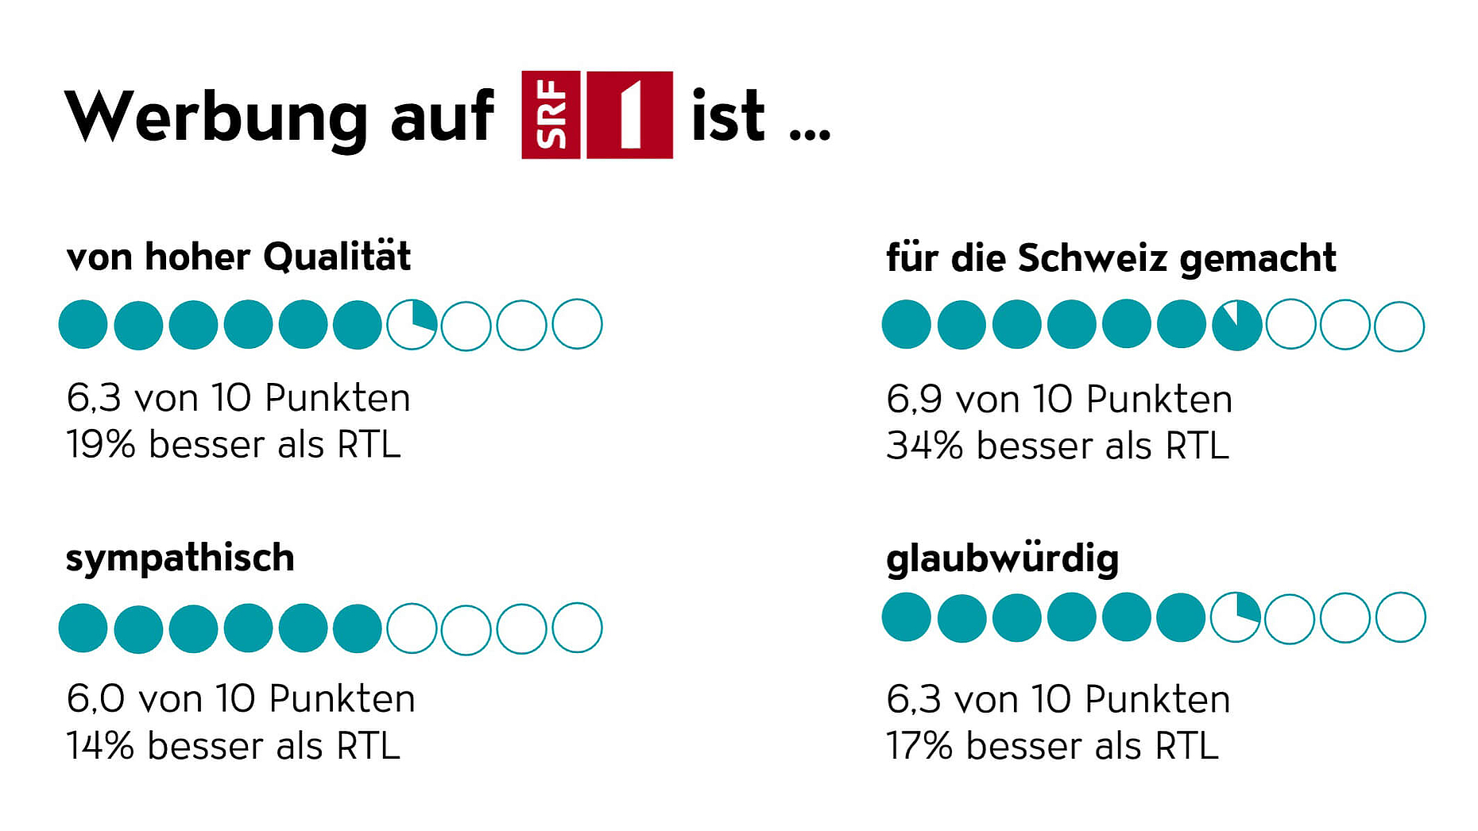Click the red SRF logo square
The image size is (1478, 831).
coord(551,115)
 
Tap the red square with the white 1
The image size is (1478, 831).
coord(629,115)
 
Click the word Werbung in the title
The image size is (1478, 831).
coord(215,118)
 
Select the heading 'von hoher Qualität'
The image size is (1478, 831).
coord(238,257)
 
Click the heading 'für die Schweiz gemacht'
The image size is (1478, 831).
coord(1111,259)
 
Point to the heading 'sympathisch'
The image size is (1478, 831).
coord(180,559)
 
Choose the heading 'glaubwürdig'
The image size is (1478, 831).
coord(1002,559)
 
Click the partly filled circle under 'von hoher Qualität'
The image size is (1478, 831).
coord(412,325)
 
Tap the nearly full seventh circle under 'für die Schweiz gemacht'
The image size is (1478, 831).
coord(1236,326)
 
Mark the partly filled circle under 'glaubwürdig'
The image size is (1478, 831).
coord(1236,618)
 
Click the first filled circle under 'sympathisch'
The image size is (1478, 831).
coord(83,628)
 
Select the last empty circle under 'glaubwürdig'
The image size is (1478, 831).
coord(1400,618)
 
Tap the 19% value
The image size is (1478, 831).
coord(100,445)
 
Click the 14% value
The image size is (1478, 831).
coord(100,746)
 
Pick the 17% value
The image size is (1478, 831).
coord(919,746)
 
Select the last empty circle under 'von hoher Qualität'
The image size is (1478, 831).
coord(577,324)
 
